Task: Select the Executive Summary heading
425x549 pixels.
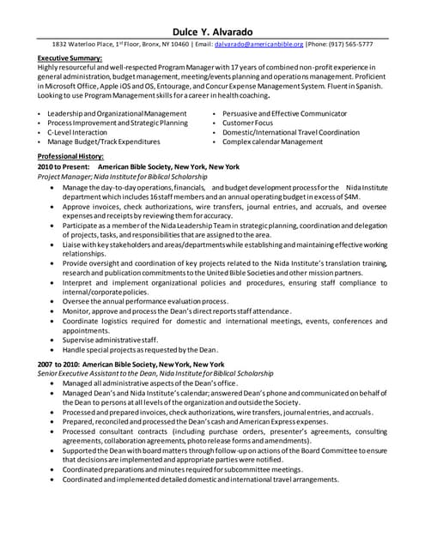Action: tap(70, 57)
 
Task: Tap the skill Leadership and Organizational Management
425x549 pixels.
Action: tap(117, 113)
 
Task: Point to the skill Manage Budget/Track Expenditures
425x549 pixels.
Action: tap(103, 142)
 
